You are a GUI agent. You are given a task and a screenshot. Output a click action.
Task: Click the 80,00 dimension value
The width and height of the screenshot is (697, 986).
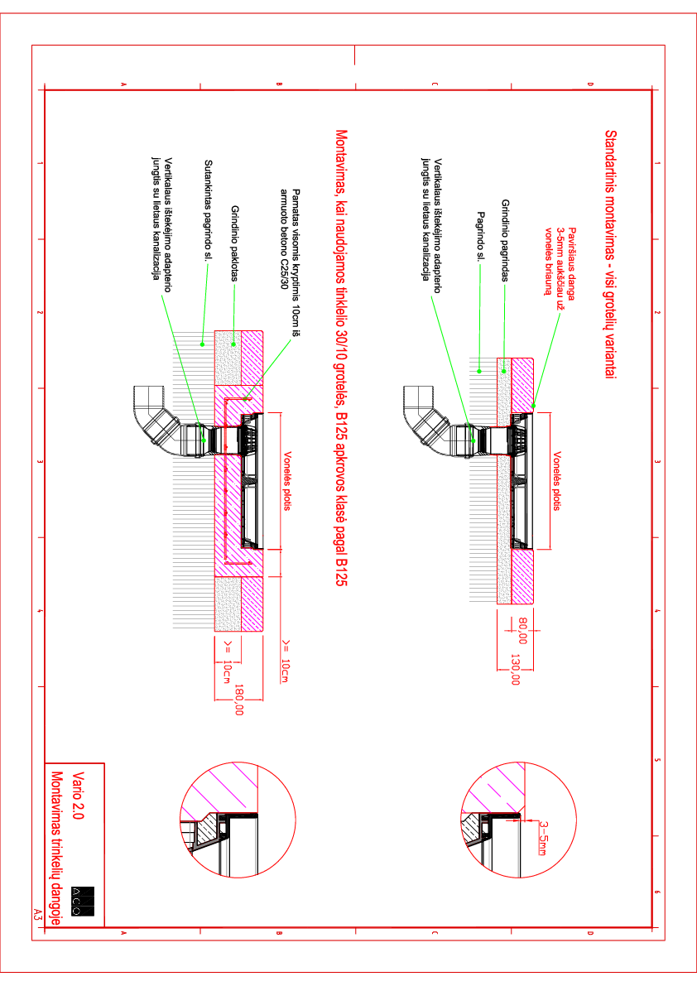coord(522,631)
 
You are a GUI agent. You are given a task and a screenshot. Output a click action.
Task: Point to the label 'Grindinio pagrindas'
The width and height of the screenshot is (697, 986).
coord(506,240)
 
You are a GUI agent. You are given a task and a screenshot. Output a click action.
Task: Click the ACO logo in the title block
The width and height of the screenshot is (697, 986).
coord(83,901)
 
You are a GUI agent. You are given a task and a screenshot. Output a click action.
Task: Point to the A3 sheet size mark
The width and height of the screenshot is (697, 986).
coord(37,915)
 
